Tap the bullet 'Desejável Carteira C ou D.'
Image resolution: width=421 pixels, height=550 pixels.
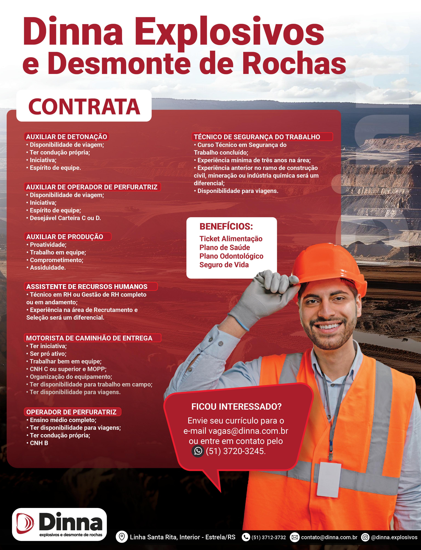pyautogui.click(x=65, y=218)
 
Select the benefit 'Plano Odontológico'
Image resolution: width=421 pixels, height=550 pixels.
pyautogui.click(x=231, y=256)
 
